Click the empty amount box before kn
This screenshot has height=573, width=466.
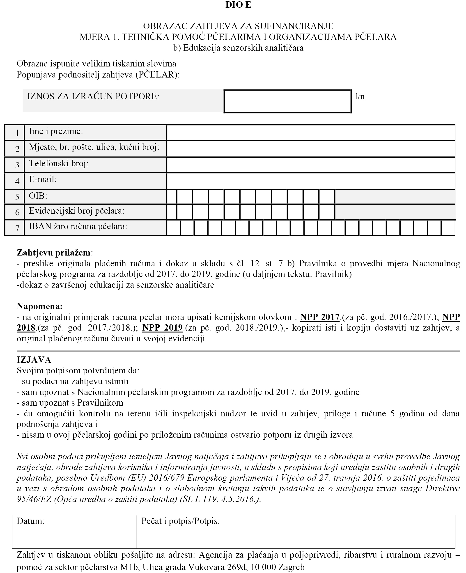[x=287, y=101]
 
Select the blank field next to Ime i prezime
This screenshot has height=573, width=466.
[x=311, y=132]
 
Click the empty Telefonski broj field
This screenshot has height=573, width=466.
[x=311, y=165]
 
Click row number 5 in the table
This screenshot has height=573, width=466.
[x=17, y=197]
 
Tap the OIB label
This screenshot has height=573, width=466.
[x=38, y=196]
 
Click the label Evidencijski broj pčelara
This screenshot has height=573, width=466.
[x=76, y=211]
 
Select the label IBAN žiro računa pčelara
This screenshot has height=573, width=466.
[x=78, y=227]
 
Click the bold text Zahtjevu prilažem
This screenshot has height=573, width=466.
[x=53, y=253]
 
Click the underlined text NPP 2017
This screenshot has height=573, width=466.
[x=320, y=317]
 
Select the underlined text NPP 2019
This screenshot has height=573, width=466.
[x=162, y=328]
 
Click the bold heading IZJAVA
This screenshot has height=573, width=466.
[x=34, y=360]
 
